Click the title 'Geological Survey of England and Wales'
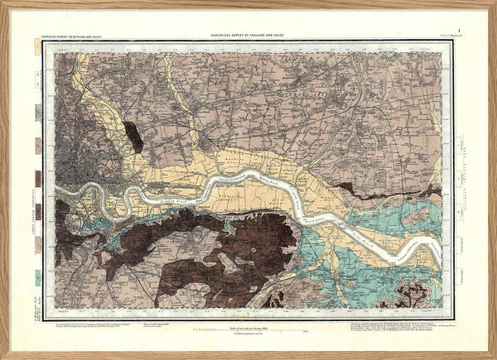[249, 34]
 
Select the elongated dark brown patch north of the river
[133, 136]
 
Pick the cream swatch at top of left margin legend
[38, 49]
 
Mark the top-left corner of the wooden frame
[3, 3]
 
